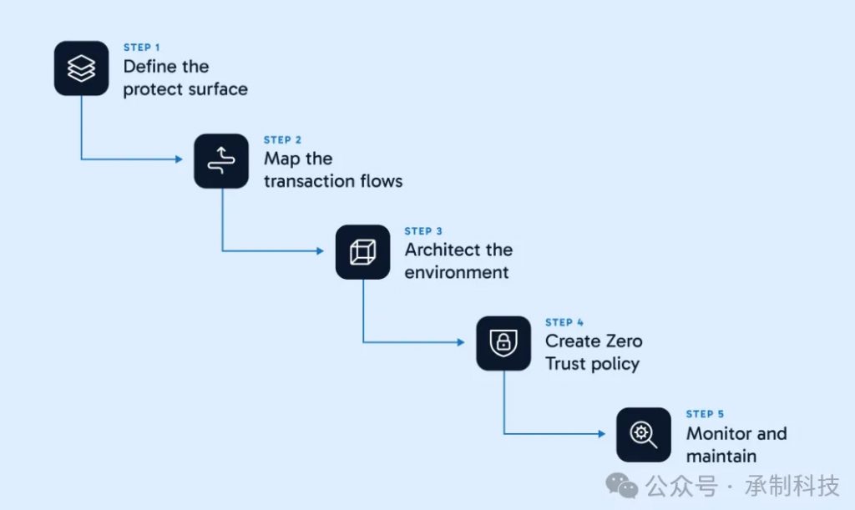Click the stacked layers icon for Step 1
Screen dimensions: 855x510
pos(81,68)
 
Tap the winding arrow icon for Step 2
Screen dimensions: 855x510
pos(221,161)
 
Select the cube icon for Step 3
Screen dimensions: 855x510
pos(362,252)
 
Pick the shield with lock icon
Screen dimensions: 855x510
pos(503,343)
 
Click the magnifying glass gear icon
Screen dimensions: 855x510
pos(644,435)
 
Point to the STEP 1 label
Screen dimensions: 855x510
pos(142,48)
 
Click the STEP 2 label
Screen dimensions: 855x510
pos(282,140)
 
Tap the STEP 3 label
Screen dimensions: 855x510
pos(423,231)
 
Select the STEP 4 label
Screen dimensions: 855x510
pos(564,322)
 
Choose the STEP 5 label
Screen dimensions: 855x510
pos(705,414)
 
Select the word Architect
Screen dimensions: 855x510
pos(443,250)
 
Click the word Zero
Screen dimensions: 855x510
pos(624,341)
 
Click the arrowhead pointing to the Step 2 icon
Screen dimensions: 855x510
pos(179,159)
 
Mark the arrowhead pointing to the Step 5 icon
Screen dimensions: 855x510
pos(601,434)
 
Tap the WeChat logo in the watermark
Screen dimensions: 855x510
pos(621,485)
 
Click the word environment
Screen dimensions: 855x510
pos(457,272)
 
